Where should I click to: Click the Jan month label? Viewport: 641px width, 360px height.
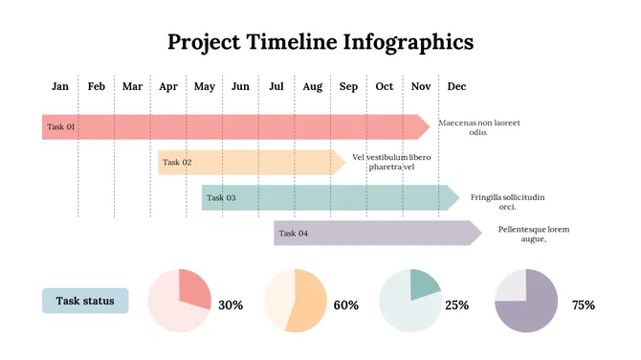pos(60,87)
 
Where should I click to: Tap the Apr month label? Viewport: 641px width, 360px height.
pos(168,87)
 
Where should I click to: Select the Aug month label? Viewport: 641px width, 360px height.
pos(313,87)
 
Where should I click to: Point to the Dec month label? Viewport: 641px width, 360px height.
pos(456,87)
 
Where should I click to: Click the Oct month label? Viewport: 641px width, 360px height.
pos(384,87)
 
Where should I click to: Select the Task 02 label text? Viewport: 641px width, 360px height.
pos(177,163)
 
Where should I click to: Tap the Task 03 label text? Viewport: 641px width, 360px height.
pos(221,198)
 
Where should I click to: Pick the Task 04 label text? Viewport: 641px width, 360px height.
pos(293,234)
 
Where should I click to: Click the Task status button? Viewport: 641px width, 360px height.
pos(85,302)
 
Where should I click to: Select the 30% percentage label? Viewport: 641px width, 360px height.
pos(231,305)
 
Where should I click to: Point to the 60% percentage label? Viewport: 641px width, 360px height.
pos(345,305)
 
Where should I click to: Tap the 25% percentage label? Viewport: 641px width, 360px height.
pos(457,305)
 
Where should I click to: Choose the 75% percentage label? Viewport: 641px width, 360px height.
pos(583,305)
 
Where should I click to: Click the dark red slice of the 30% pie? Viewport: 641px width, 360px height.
pos(193,290)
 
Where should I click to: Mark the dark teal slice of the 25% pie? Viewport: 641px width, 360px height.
pos(423,283)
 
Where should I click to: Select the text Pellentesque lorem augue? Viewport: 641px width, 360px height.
pos(533,234)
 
